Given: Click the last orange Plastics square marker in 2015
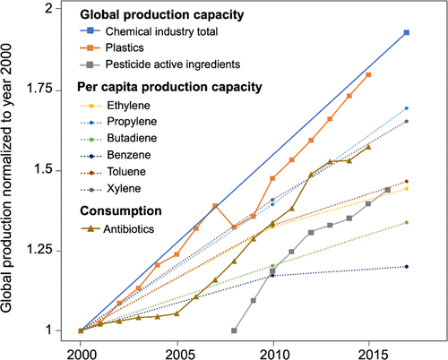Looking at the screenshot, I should click(x=368, y=74).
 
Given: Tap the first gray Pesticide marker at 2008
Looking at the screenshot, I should click(x=234, y=330).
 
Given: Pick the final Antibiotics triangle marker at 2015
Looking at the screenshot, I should click(x=368, y=147).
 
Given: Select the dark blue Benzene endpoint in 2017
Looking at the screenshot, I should click(x=407, y=266).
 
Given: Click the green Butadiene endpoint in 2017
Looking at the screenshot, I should click(x=407, y=222).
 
